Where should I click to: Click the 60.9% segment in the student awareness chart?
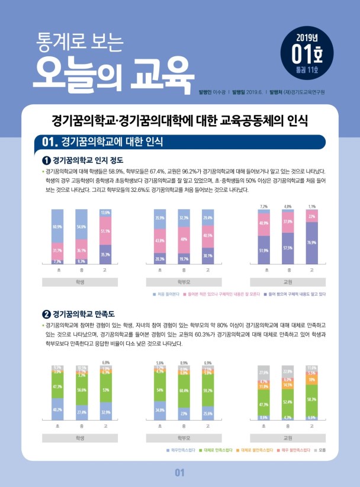57,226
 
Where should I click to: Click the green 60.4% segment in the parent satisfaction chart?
184,390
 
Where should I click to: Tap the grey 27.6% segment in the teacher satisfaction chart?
264,372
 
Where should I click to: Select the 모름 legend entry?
321,451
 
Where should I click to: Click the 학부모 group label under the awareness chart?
184,281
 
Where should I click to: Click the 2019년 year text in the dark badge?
307,38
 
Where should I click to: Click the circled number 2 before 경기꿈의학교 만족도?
46,314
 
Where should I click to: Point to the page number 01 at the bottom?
180,473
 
